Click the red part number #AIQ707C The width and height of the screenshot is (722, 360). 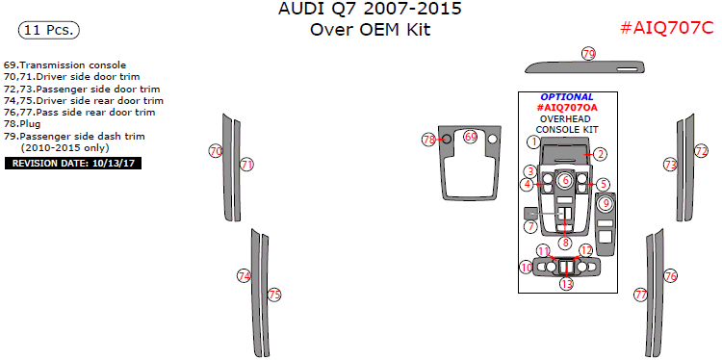(666, 29)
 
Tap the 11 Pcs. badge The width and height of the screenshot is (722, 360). (49, 31)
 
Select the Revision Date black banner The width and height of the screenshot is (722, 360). (73, 164)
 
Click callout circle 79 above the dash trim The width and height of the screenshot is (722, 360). (588, 54)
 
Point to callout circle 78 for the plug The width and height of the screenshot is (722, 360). (429, 140)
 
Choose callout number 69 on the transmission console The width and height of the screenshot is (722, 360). (470, 137)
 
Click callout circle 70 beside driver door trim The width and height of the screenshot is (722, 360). (216, 151)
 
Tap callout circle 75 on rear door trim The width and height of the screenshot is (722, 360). (274, 295)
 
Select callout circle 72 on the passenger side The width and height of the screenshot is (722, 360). (701, 150)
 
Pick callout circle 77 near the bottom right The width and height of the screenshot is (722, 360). (640, 295)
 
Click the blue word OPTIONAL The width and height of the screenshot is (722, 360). (567, 97)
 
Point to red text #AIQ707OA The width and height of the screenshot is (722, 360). (567, 108)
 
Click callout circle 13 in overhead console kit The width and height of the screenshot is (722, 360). (567, 284)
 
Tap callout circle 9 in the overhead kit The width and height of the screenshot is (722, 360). (606, 202)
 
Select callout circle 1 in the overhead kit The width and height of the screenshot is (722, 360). (534, 141)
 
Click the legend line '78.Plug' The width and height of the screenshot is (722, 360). (22, 124)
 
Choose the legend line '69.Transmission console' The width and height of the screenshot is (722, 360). (64, 64)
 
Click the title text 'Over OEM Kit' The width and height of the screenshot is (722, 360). (371, 30)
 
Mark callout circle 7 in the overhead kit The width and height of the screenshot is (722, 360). (530, 226)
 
